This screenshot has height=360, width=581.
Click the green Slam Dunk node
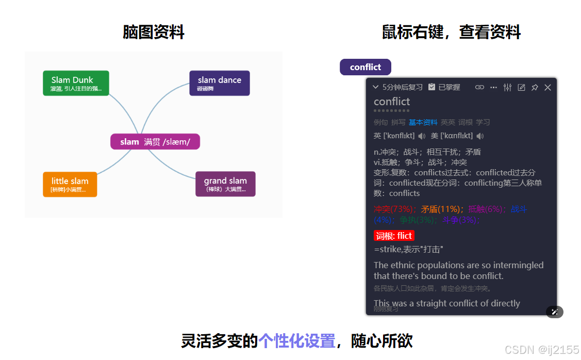pos(76,83)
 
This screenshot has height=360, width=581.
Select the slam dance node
pos(219,83)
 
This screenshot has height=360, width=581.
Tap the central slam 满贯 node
pos(155,142)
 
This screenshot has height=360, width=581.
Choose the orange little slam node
pos(70,184)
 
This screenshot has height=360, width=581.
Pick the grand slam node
pos(225,184)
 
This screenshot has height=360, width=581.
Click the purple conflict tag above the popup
pos(365,67)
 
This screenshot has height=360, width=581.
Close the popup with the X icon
pos(548,88)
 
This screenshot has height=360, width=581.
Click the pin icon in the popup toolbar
pos(535,88)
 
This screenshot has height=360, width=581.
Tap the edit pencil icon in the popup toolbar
pos(521,88)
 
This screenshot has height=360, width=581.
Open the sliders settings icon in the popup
pos(507,88)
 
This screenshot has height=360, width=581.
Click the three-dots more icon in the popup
pos(493,88)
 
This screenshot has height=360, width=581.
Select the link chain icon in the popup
pos(479,88)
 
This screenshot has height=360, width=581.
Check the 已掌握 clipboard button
pos(444,87)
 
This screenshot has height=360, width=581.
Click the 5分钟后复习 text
pos(402,87)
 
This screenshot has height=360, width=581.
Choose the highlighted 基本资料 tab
pos(423,122)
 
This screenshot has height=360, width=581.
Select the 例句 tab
pos(380,122)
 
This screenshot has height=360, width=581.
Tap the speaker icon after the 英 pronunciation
pos(422,136)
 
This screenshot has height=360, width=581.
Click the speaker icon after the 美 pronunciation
pos(480,136)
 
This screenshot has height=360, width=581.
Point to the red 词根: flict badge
pos(394,236)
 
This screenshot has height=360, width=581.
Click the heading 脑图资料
pos(154,32)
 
